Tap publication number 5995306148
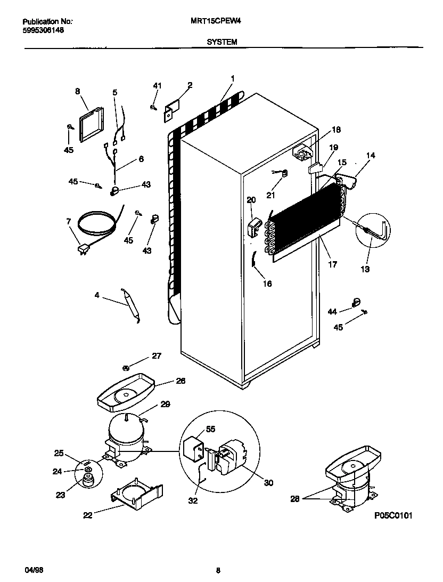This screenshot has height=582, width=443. pyautogui.click(x=44, y=31)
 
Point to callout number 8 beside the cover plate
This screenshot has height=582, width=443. pyautogui.click(x=78, y=92)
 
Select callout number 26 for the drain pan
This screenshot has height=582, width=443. pyautogui.click(x=181, y=381)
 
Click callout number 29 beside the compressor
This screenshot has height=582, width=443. pyautogui.click(x=165, y=405)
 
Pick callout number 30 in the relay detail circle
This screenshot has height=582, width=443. pyautogui.click(x=268, y=483)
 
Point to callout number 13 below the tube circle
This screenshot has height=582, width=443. pyautogui.click(x=365, y=270)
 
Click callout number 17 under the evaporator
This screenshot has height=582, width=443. pyautogui.click(x=333, y=264)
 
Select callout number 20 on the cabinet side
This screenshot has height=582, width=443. pyautogui.click(x=251, y=200)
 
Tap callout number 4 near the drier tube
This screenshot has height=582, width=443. pyautogui.click(x=97, y=295)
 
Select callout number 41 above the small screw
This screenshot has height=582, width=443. pyautogui.click(x=157, y=86)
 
